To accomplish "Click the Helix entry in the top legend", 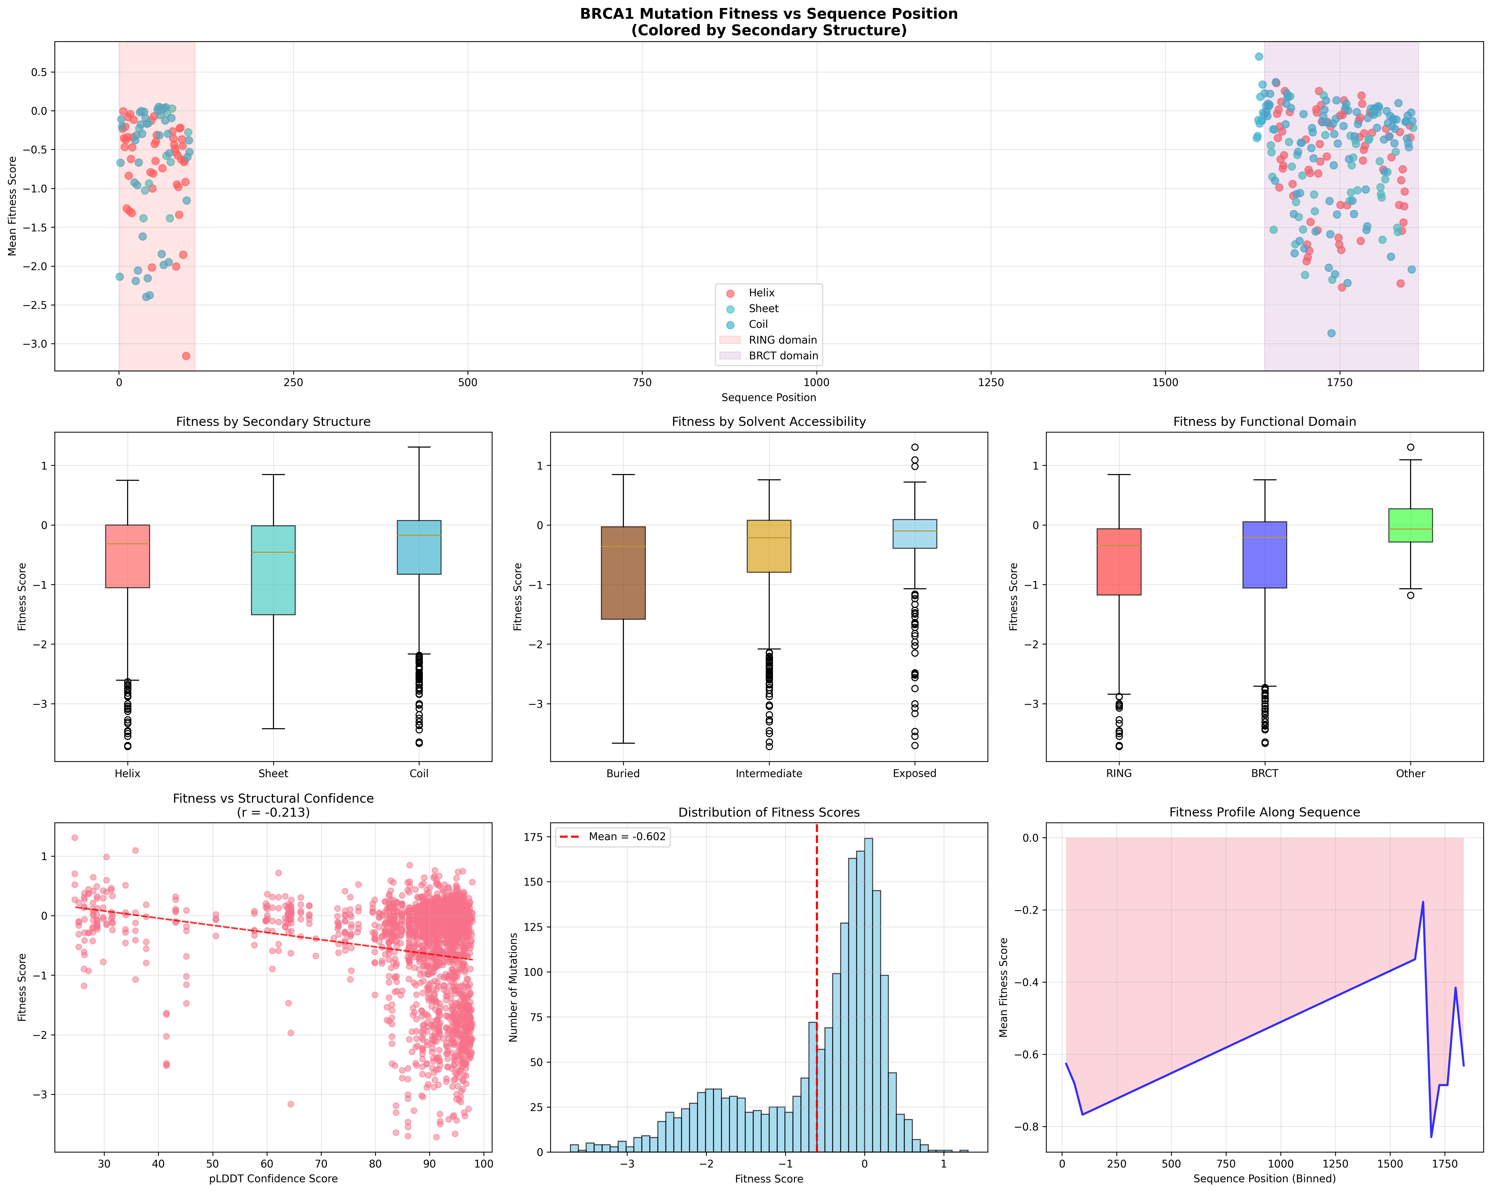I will [x=761, y=293].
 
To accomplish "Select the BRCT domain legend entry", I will [x=783, y=356].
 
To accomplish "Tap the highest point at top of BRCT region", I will [x=1259, y=57].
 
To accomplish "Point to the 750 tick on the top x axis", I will [x=642, y=382].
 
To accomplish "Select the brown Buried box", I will [x=623, y=573].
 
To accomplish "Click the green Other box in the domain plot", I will [x=1410, y=525].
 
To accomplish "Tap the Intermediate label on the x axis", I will [x=768, y=773].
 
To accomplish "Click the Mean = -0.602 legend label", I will [x=627, y=836].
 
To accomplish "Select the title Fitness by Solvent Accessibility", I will [x=768, y=421].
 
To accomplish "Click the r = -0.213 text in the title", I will [x=273, y=812].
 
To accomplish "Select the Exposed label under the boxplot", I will [x=914, y=773].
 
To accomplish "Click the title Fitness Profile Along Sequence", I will [x=1264, y=812].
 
